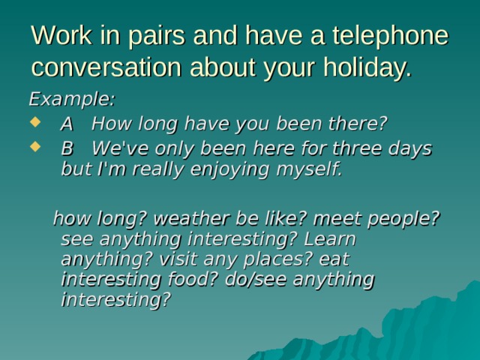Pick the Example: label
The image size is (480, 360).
pos(72,99)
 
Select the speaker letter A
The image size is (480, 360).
pos(67,123)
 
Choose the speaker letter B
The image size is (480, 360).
pos(67,148)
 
